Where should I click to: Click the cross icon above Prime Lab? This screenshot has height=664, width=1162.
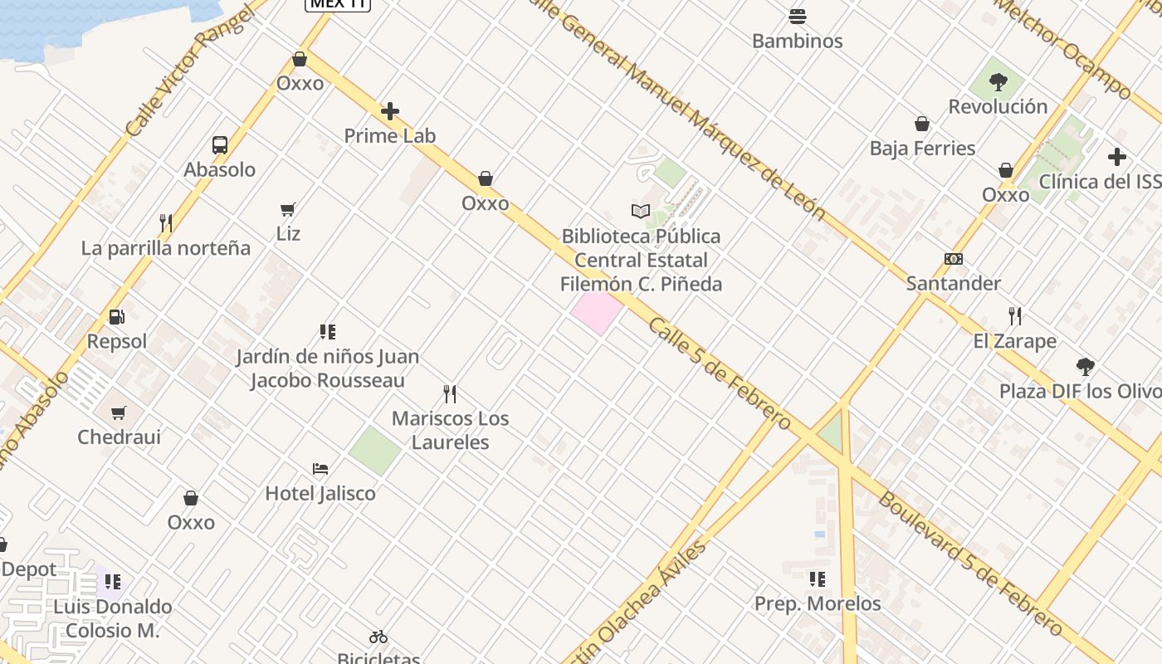390,111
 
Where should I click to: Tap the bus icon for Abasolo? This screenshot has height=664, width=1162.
220,145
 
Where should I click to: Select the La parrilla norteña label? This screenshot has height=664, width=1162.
166,248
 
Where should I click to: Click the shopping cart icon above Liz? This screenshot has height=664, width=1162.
288,209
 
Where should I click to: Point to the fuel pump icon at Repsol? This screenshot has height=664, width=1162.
116,317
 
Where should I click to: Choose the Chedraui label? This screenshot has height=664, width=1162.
120,437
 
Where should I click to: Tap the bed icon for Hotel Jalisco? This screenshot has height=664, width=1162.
320,469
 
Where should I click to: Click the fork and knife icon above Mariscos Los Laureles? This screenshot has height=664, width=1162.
450,393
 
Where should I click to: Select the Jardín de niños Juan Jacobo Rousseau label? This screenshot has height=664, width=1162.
328,369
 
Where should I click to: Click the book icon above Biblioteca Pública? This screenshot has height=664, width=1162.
640,212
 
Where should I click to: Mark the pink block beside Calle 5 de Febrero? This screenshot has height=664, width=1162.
597,312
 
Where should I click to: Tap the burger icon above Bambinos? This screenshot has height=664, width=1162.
798,17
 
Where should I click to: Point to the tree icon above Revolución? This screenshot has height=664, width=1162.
998,82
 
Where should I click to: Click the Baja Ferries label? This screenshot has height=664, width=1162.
922,149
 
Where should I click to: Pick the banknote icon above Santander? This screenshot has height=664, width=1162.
954,259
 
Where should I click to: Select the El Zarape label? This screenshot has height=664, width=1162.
1015,341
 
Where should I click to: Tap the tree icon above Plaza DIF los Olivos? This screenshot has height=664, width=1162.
1085,366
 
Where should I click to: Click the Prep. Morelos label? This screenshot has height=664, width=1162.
818,603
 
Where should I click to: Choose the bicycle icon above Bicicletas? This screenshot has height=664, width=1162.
378,637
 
